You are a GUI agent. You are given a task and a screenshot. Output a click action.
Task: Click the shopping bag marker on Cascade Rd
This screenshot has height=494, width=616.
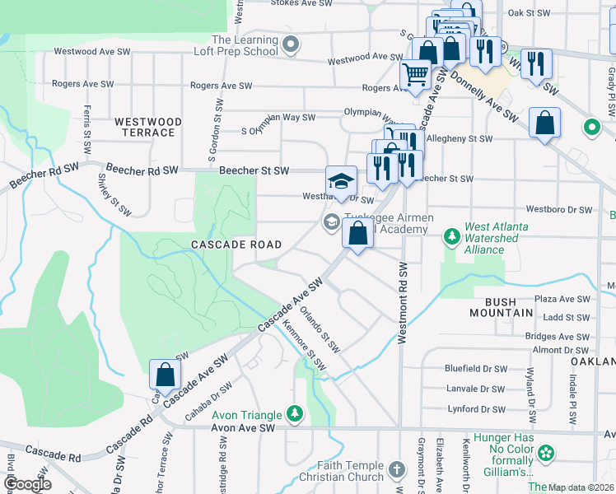[166, 374]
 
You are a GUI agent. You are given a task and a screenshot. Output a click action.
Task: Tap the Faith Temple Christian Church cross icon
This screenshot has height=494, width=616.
[397, 470]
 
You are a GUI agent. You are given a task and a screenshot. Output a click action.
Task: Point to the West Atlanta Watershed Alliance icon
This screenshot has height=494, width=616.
[451, 238]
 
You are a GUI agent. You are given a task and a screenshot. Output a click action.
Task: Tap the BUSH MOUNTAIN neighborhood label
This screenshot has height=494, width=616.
[502, 307]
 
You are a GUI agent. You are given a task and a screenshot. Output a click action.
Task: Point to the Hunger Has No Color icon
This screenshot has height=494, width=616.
[545, 454]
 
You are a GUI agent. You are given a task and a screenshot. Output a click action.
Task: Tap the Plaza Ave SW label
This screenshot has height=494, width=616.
[562, 300]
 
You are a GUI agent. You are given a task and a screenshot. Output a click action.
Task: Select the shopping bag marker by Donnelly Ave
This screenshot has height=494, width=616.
[544, 124]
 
